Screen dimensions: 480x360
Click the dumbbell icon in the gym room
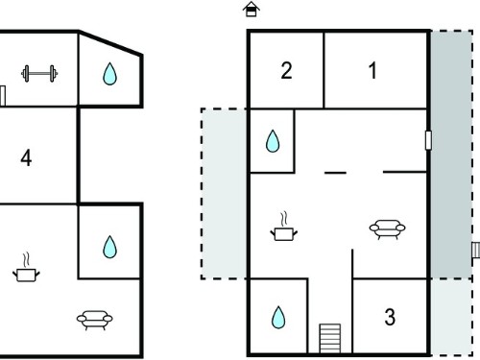point(39,74)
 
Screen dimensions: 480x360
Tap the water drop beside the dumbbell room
point(109,74)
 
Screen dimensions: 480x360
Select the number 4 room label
point(26,158)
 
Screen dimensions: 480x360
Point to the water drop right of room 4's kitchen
point(109,247)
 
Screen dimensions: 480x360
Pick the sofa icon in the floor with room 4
point(94,320)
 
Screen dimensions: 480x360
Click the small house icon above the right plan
point(252,9)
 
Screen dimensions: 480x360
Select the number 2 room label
point(286,71)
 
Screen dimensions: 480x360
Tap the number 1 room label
point(372,71)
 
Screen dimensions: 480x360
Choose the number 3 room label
point(390,317)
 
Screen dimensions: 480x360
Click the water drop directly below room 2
point(273,141)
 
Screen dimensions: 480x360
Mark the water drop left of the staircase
point(278,318)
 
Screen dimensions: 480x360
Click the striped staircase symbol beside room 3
point(330,338)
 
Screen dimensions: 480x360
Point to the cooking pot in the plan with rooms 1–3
point(283,227)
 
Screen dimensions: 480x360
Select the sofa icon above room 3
point(387,229)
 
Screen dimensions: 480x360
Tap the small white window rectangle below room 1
point(428,140)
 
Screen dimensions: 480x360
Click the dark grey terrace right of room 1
point(451,155)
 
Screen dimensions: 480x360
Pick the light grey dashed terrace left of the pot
point(224,194)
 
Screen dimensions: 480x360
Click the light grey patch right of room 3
point(451,317)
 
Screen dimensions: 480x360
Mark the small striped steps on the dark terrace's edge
point(476,250)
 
